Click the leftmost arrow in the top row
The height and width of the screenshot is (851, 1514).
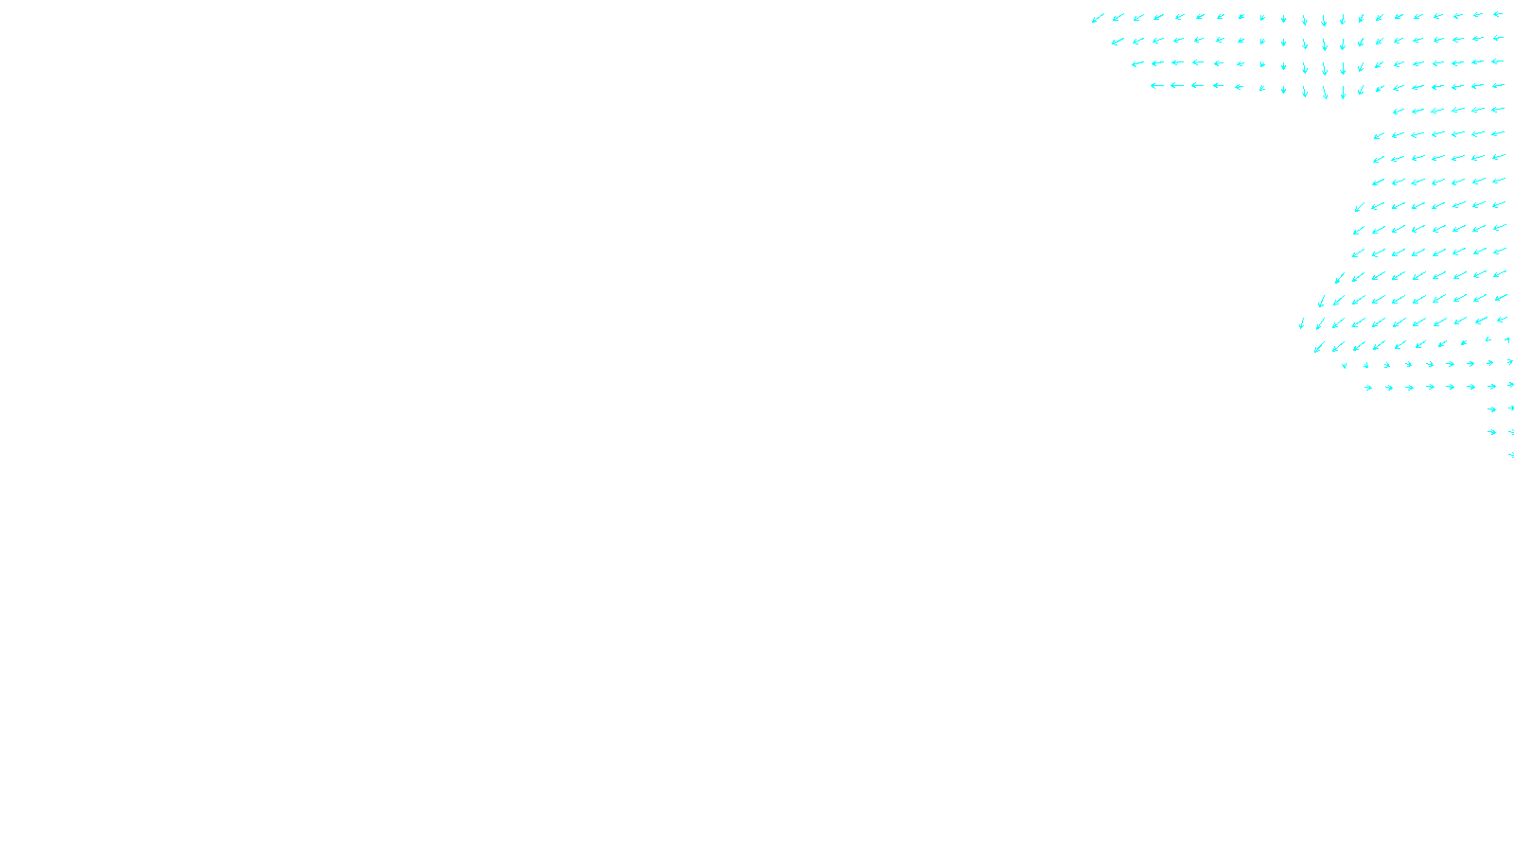pos(1098,18)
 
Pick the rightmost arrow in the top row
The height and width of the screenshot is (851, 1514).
pos(1498,14)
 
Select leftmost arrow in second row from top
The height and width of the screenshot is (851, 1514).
pos(1118,42)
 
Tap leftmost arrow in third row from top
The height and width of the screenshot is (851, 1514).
pos(1137,64)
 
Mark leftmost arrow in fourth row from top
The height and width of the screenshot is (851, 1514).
pos(1156,86)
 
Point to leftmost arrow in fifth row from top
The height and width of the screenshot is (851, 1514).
pos(1398,112)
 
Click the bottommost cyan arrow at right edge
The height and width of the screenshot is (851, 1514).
pos(1511,455)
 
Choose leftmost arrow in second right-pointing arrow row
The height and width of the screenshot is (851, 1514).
pos(1368,388)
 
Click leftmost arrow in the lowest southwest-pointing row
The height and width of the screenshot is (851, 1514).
pos(1318,347)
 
